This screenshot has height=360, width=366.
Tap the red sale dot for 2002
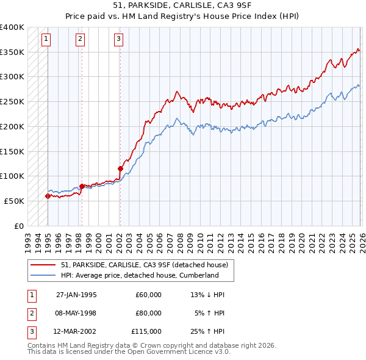120,168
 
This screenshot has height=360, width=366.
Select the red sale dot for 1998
82,185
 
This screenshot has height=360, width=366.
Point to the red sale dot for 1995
48,196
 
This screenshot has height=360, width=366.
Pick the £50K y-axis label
15,201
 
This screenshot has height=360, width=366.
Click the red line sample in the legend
44,265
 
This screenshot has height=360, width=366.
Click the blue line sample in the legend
44,275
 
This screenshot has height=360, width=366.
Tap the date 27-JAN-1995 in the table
76,295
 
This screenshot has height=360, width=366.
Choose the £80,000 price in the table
148,313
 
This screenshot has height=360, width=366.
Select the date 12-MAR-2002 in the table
76,331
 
